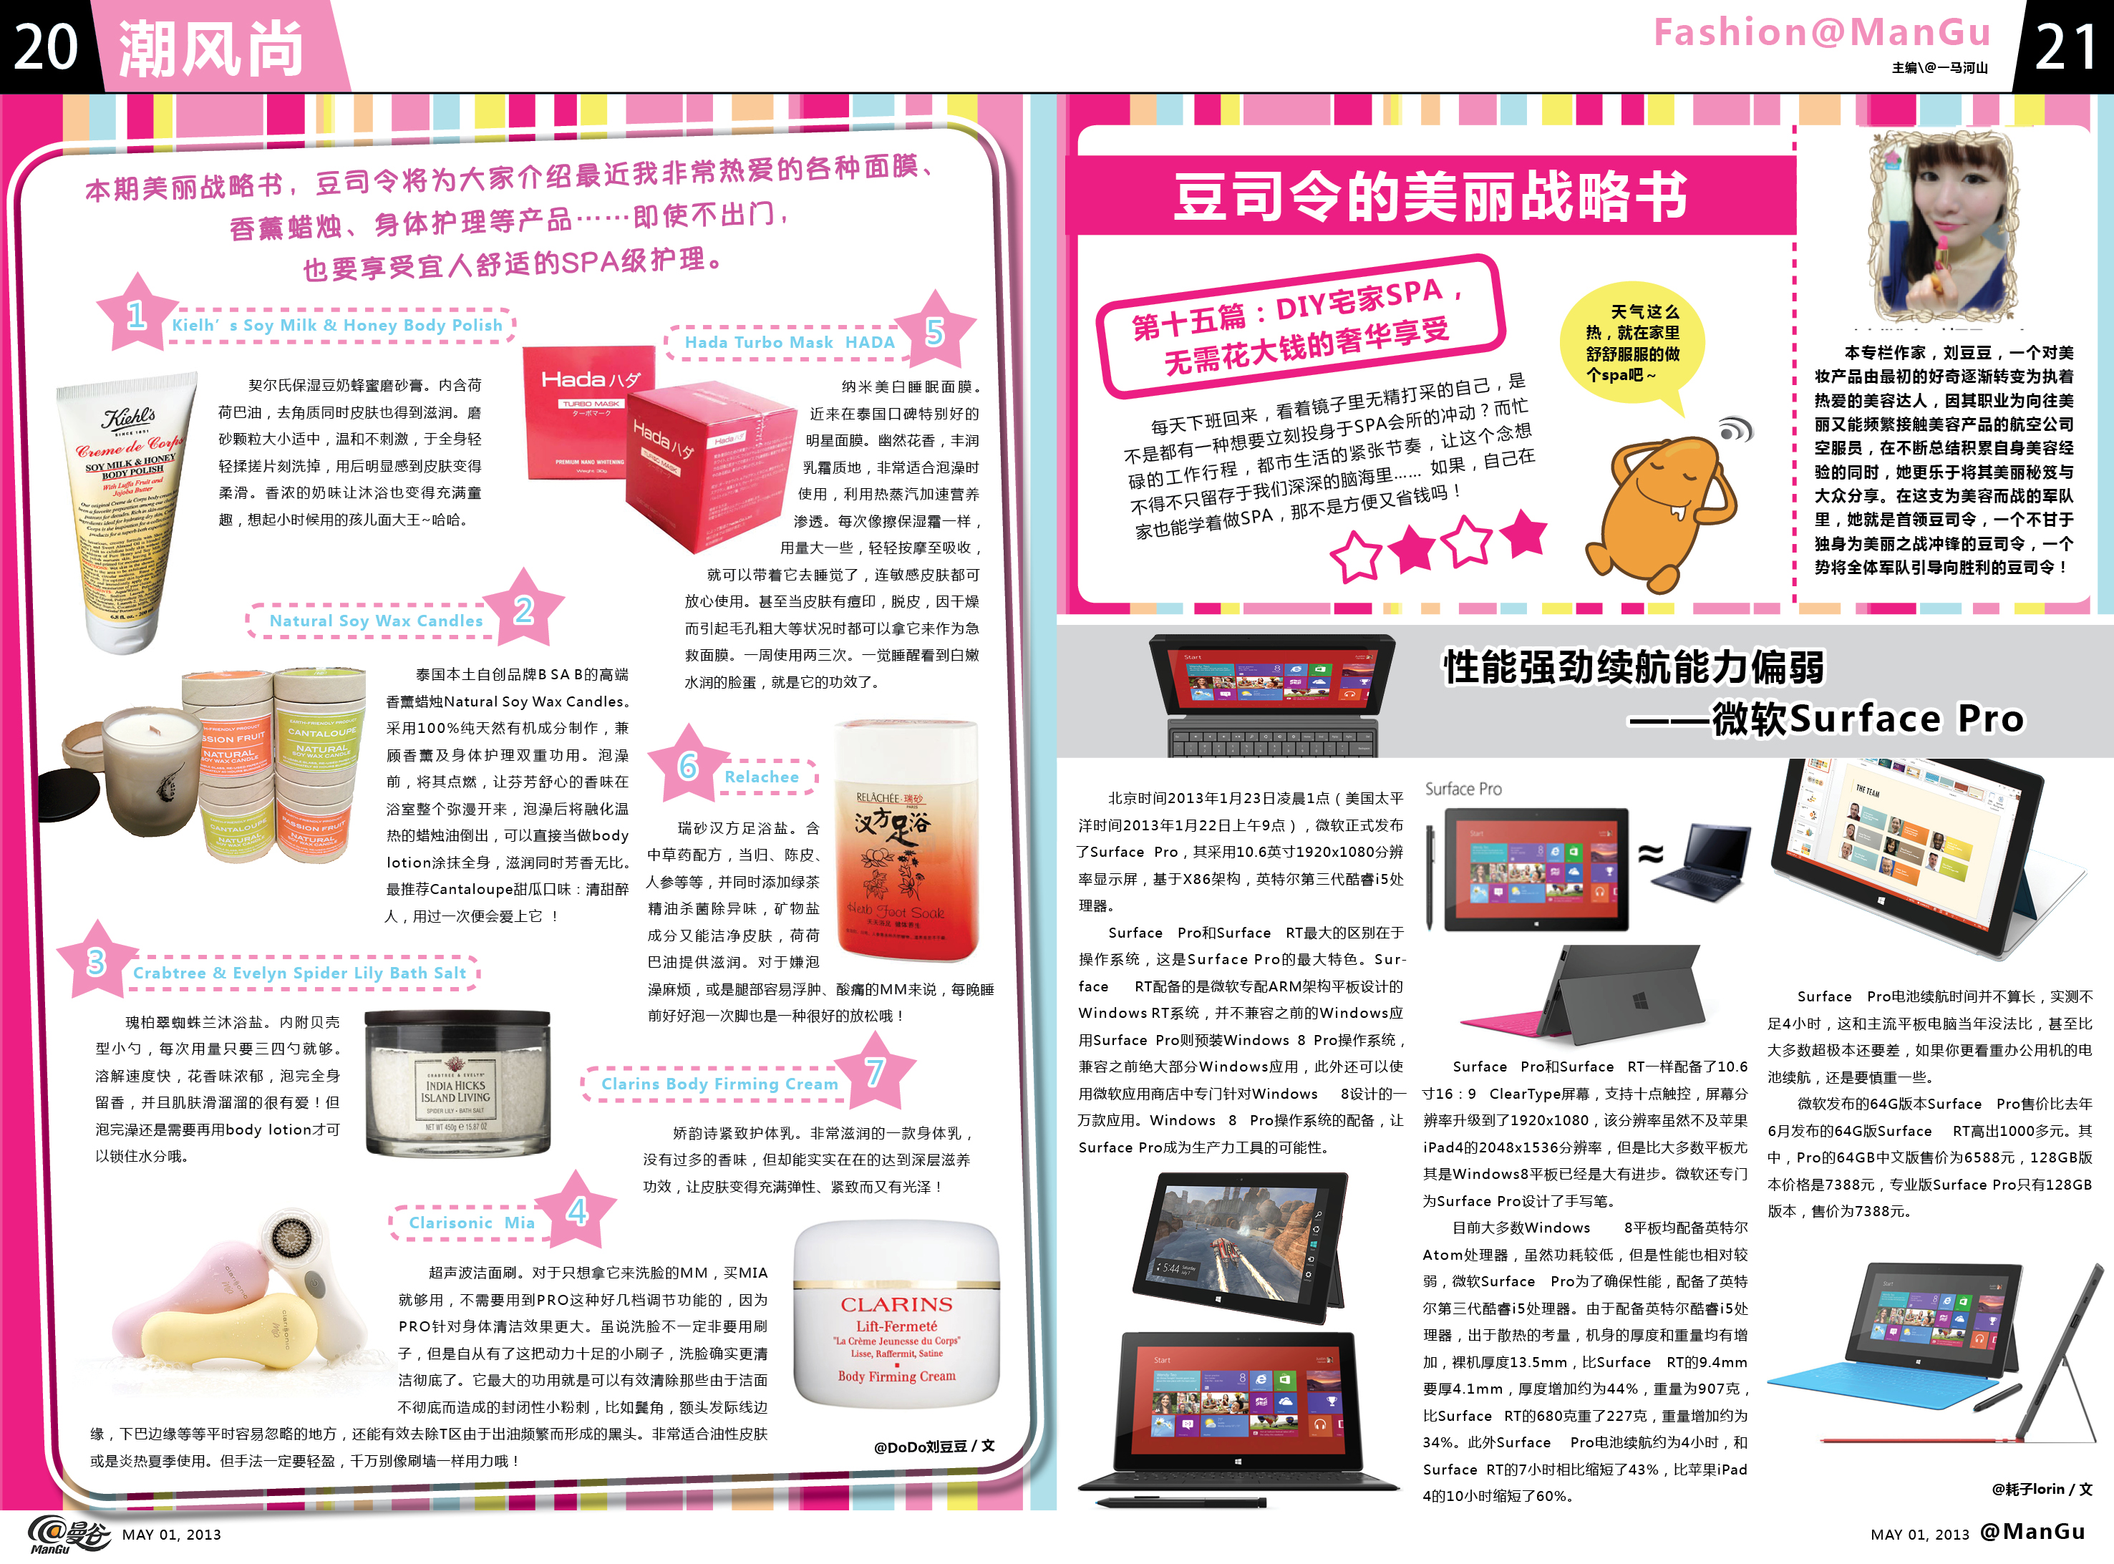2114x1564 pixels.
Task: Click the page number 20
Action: click(44, 47)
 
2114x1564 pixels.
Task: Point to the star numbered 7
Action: click(876, 1070)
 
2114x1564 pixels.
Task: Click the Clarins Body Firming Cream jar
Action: click(896, 1315)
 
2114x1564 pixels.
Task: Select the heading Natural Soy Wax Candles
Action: click(376, 621)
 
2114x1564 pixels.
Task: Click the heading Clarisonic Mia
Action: click(472, 1223)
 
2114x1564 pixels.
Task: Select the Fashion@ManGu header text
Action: click(1823, 32)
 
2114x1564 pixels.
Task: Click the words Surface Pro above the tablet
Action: click(1463, 789)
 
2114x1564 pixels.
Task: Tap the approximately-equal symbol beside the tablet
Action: click(1650, 854)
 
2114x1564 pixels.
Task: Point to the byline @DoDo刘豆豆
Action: click(934, 1446)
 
